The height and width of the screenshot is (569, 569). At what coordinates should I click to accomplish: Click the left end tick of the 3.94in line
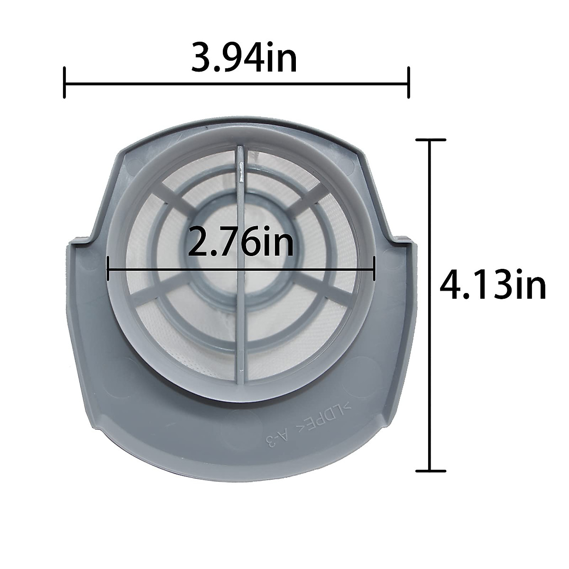click(64, 83)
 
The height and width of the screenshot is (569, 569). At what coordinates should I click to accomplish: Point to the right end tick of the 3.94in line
click(408, 83)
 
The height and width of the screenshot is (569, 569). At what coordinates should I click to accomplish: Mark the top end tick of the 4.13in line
click(430, 139)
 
